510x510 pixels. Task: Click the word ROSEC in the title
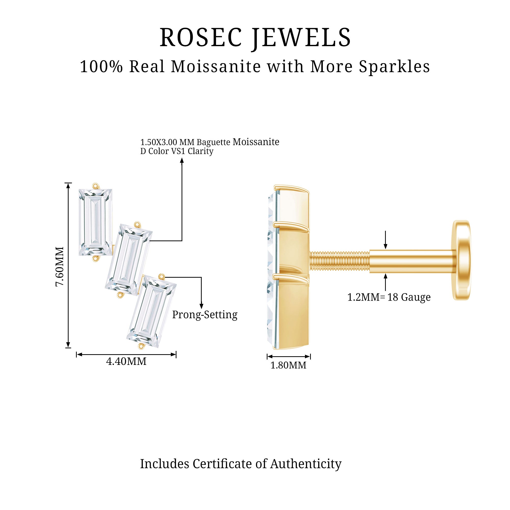(201, 37)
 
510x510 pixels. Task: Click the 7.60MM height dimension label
(60, 267)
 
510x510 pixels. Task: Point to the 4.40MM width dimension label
(126, 361)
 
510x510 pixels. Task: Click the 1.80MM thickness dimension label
(288, 365)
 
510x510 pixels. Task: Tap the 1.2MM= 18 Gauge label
(389, 297)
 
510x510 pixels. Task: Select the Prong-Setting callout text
(205, 315)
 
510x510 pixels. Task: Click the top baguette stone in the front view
(95, 222)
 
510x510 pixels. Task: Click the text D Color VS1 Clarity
(177, 151)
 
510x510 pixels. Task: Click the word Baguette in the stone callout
(213, 142)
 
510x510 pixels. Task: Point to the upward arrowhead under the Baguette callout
(182, 160)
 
